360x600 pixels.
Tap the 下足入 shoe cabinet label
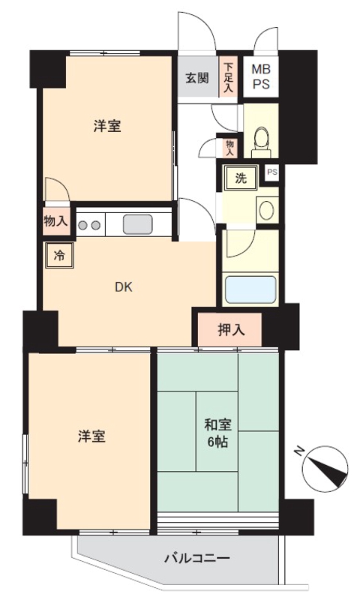pos(228,77)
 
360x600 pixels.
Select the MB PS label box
pos(260,76)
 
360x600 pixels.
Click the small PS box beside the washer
pos(272,172)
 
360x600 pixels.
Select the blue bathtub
pos(250,289)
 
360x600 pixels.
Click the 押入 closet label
pos(229,328)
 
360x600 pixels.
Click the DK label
pos(123,286)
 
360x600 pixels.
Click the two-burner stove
pos(90,223)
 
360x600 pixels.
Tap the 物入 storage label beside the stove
pos(56,221)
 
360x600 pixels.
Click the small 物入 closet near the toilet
pos(229,147)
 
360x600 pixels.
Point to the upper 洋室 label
pos(107,127)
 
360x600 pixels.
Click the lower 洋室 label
pos(91,436)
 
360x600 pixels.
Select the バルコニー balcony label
pos(197,559)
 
